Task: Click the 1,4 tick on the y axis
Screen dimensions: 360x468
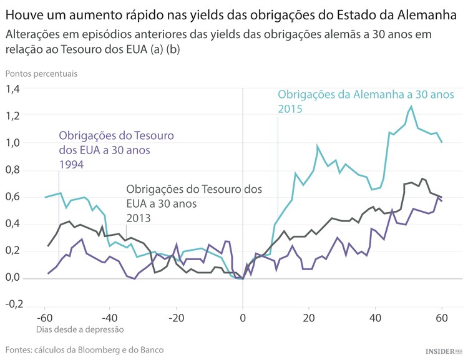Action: pos(12,89)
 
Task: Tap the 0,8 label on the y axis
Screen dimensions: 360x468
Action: pos(12,170)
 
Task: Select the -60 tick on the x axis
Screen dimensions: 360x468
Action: pos(44,317)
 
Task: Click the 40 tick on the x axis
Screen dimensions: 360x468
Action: pos(376,317)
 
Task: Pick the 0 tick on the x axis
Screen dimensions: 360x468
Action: pos(242,317)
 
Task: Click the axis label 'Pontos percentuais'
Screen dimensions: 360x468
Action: pos(41,73)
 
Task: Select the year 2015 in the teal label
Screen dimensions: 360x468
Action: pos(290,109)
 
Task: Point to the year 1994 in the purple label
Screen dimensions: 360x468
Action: pos(71,164)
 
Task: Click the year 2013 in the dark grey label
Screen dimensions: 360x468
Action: pos(139,218)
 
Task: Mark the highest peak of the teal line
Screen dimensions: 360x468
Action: pos(411,107)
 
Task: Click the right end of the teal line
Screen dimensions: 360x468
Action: pos(442,142)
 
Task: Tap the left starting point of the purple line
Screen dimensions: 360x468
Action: pos(48,273)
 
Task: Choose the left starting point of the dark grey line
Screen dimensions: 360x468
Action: pos(48,246)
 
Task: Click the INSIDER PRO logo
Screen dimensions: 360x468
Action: pos(443,352)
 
